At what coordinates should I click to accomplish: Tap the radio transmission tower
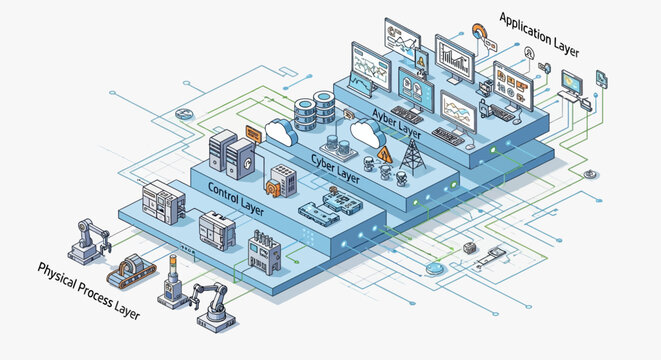tap(410, 155)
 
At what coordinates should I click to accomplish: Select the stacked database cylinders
tap(324, 108)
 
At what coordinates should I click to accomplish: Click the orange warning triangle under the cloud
tap(385, 154)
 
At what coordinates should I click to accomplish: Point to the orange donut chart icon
tap(481, 33)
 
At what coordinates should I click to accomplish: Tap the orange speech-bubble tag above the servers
tap(253, 131)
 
